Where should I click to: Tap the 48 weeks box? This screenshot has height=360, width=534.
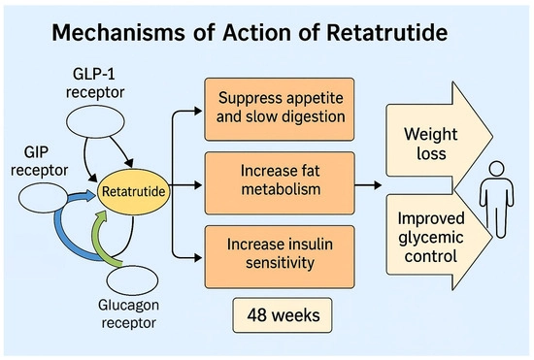[281, 317]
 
